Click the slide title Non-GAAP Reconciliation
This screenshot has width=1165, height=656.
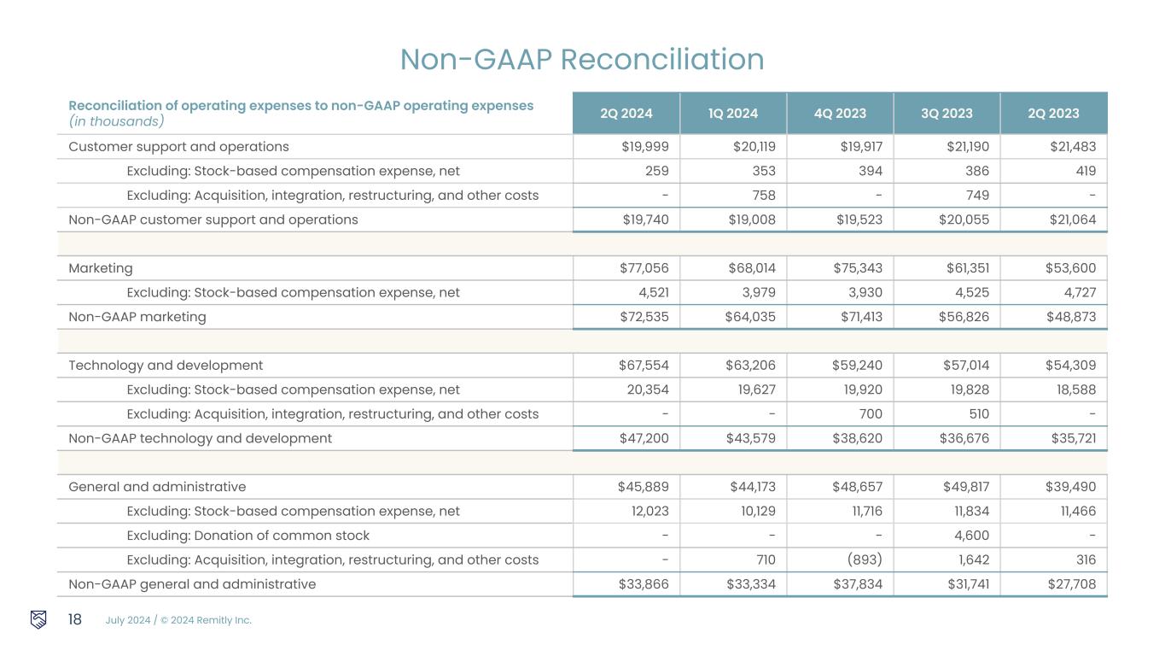(582, 59)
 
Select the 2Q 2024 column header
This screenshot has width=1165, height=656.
(626, 114)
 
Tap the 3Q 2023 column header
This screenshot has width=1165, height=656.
(947, 114)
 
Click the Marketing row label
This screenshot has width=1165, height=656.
(101, 268)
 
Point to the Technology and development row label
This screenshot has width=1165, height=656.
(166, 366)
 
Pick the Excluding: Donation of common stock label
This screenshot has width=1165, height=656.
(248, 536)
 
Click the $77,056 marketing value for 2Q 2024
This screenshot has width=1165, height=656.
(644, 268)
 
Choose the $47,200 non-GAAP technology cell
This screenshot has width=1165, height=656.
(644, 438)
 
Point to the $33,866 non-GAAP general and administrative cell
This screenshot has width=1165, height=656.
(644, 584)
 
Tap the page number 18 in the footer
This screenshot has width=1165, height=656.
(75, 619)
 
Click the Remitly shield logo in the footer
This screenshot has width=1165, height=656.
(38, 619)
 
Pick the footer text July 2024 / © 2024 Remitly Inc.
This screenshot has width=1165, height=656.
(178, 620)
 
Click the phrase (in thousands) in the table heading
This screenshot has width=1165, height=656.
(116, 122)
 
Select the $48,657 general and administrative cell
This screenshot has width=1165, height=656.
(858, 487)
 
